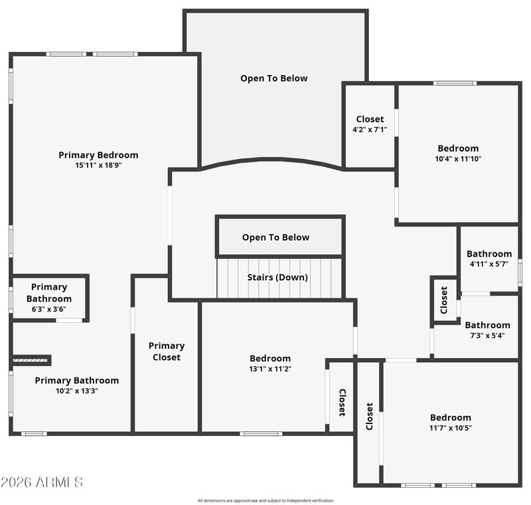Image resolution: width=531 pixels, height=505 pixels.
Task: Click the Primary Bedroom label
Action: click(x=98, y=155)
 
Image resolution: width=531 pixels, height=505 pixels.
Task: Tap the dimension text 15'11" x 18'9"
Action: click(x=98, y=165)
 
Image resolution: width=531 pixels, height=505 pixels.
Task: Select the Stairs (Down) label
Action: click(x=277, y=278)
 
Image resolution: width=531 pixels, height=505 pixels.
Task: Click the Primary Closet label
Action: click(x=167, y=352)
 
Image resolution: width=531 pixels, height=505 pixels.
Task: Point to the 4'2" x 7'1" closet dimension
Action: click(x=370, y=130)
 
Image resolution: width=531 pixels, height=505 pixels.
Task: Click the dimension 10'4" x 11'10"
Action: click(x=458, y=159)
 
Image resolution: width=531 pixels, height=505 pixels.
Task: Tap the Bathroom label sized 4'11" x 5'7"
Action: click(x=489, y=254)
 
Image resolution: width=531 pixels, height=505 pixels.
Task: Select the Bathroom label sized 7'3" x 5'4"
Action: click(x=487, y=326)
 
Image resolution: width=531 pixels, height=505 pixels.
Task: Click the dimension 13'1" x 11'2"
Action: click(x=270, y=369)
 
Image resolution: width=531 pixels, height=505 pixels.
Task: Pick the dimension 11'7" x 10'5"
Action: click(x=451, y=428)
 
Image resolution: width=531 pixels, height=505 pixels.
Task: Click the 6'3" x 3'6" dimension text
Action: click(x=48, y=309)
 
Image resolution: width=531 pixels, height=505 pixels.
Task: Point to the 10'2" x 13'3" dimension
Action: click(x=77, y=391)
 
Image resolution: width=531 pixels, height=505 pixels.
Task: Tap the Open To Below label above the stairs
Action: click(x=275, y=238)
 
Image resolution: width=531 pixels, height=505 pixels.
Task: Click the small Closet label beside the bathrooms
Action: click(x=444, y=300)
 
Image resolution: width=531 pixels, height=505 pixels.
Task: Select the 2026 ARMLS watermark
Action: click(x=42, y=482)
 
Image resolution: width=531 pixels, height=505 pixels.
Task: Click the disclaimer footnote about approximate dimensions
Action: click(x=265, y=500)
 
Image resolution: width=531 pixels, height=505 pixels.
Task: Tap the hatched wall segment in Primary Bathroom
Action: click(x=31, y=360)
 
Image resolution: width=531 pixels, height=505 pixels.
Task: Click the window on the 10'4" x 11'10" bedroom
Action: click(x=455, y=83)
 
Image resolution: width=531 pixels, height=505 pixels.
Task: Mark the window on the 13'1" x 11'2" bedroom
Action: click(x=261, y=433)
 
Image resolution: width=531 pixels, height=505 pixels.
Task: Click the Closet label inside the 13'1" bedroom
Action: click(x=342, y=403)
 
